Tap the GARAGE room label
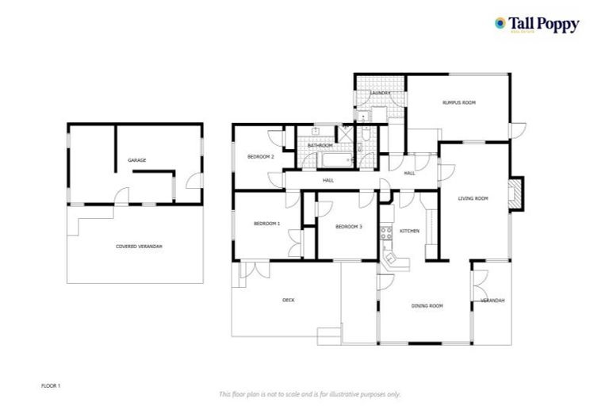pyautogui.click(x=136, y=160)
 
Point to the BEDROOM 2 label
pyautogui.click(x=260, y=157)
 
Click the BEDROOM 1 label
pyautogui.click(x=266, y=224)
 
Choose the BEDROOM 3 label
pyautogui.click(x=348, y=227)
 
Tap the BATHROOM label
pyautogui.click(x=320, y=146)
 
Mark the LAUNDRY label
pyautogui.click(x=380, y=94)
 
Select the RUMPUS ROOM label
pyautogui.click(x=458, y=102)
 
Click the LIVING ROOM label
pyautogui.click(x=473, y=198)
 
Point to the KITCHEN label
pyautogui.click(x=409, y=231)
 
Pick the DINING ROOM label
pyautogui.click(x=427, y=305)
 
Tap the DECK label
pyautogui.click(x=289, y=300)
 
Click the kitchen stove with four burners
pyautogui.click(x=386, y=232)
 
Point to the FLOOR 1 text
pyautogui.click(x=51, y=385)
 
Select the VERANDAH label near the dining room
pyautogui.click(x=492, y=301)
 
